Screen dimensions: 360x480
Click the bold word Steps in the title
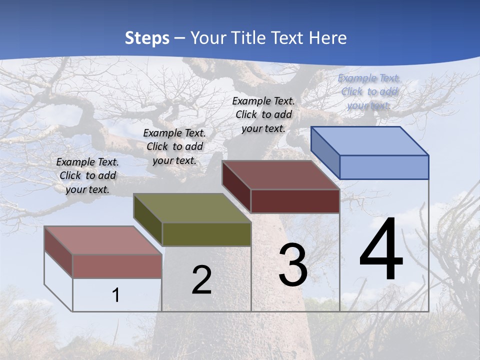147,38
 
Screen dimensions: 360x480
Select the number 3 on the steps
293,265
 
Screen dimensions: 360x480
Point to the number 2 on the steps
201,280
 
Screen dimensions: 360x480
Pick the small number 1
116,295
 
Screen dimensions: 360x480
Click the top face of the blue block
370,141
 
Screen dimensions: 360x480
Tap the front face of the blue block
384,167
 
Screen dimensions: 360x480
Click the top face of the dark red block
281,175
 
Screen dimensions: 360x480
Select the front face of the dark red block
295,201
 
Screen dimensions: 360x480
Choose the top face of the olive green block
192,208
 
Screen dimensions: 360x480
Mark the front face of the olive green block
206,234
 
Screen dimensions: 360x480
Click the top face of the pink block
103,240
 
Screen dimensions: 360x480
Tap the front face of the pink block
117,266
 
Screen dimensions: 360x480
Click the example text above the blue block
369,91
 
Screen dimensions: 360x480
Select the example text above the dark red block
263,114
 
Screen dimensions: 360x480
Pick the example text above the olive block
174,146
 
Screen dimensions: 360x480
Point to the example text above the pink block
87,175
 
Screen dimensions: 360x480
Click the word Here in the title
328,38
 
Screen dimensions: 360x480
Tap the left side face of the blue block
325,152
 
